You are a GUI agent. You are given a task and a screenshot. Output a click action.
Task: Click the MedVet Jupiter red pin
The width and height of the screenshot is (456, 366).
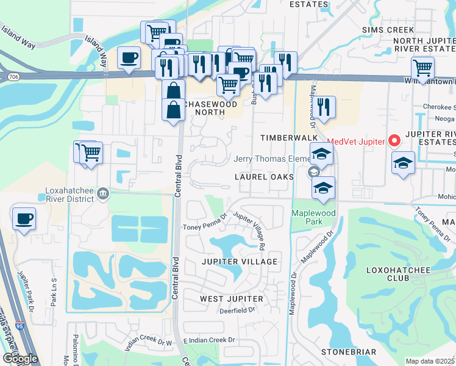tap(394, 142)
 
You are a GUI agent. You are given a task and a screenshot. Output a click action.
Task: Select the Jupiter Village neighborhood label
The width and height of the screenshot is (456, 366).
tap(240, 262)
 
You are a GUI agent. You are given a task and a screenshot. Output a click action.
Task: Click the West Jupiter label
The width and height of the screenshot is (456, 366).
tap(232, 299)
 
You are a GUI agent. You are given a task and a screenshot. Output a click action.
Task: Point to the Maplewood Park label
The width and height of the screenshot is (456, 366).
tap(315, 217)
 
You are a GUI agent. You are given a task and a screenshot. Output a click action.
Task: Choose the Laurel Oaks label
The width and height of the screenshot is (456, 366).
tap(265, 176)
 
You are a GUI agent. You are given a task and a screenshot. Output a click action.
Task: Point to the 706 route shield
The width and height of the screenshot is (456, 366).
tap(12, 76)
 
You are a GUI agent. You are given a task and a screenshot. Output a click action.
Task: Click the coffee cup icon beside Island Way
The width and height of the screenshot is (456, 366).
tap(128, 58)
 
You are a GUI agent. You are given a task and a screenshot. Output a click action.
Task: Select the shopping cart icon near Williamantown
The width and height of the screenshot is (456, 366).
tap(422, 68)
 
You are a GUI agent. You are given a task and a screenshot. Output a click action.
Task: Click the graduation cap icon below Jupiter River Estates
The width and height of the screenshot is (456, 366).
tap(403, 163)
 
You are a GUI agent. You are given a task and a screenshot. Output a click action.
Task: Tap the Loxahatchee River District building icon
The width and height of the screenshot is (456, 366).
tap(103, 194)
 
